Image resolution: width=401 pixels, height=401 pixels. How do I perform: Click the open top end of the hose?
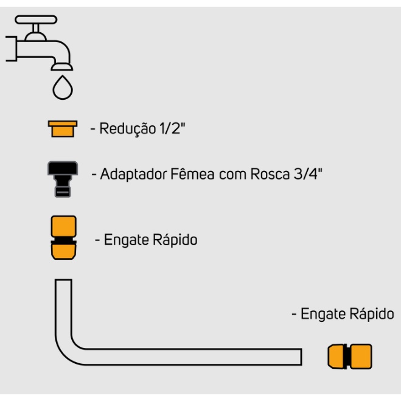[x=64, y=281]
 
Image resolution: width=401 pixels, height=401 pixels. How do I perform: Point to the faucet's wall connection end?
[x=10, y=49]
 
